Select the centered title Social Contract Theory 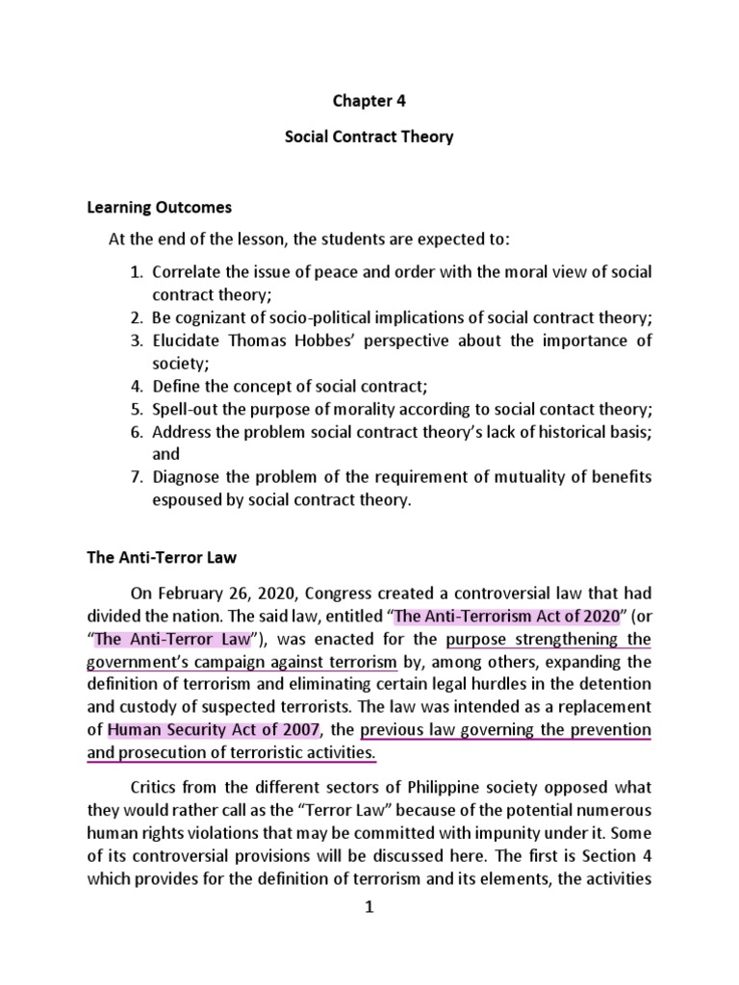pos(369,138)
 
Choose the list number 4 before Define pos(136,388)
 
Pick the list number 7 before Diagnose pos(136,478)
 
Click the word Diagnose pos(188,478)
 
